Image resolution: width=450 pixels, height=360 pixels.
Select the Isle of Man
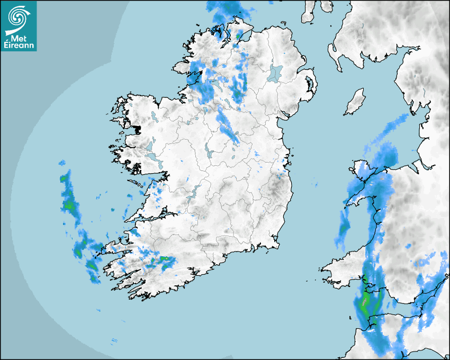click(355, 102)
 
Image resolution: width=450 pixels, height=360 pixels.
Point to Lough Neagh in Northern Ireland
click(275, 73)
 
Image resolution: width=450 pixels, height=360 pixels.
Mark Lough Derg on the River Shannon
click(194, 192)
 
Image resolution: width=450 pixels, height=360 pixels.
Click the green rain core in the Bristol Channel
click(364, 304)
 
